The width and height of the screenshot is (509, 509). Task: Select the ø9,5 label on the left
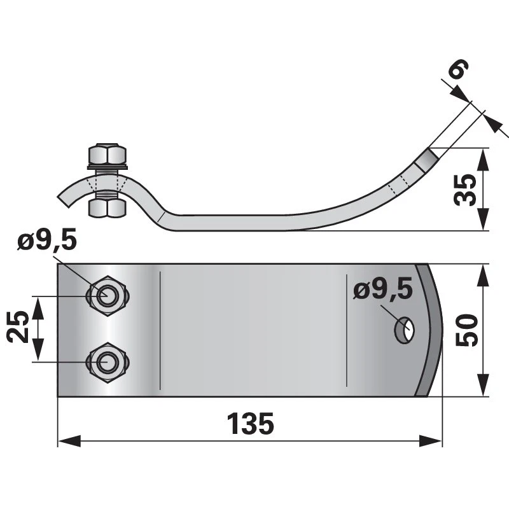click(47, 242)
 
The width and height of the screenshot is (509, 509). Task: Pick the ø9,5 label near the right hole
click(382, 289)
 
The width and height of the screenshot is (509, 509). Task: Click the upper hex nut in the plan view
click(106, 295)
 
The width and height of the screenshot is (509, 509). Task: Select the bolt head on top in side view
click(107, 155)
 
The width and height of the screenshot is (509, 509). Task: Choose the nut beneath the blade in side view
click(107, 208)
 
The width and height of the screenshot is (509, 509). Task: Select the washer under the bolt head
click(107, 167)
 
